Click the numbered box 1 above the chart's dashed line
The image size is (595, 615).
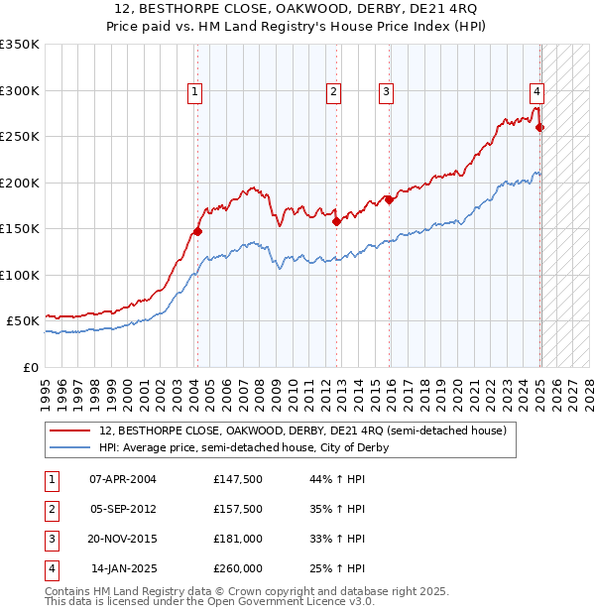click(194, 92)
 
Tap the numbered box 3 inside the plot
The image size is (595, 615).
click(386, 92)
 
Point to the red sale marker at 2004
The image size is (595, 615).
click(197, 231)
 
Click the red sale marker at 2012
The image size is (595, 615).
click(336, 221)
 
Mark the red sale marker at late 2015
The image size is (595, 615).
click(389, 199)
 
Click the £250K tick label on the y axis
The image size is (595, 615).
click(19, 136)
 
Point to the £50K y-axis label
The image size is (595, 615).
click(22, 321)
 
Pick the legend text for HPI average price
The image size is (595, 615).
click(243, 447)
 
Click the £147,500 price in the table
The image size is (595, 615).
click(238, 479)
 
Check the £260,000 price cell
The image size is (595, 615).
click(238, 568)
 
